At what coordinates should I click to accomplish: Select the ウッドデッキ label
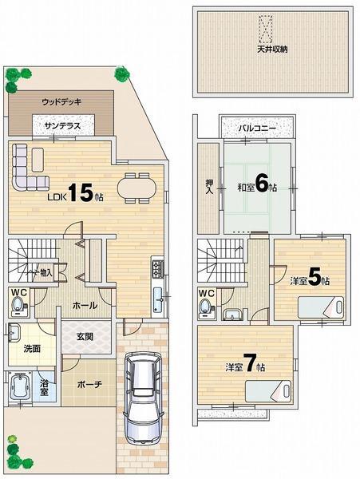tap(61, 101)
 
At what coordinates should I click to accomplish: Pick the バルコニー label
tap(257, 128)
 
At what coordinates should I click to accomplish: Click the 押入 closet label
tap(208, 187)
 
